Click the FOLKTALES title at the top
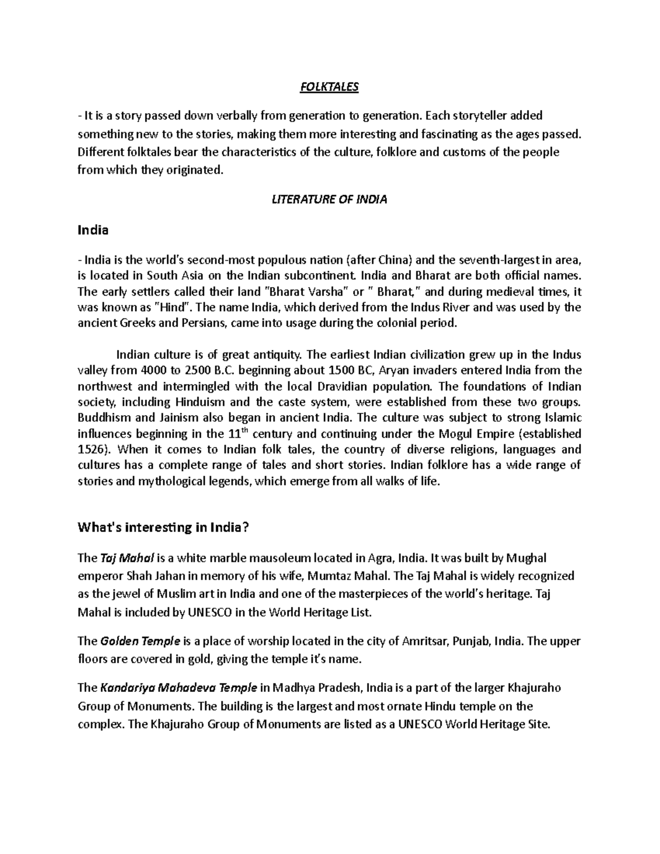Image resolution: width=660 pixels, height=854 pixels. coord(329,87)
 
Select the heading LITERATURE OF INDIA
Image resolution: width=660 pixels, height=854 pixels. coord(329,200)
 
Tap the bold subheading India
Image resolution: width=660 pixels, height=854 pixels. coord(93,230)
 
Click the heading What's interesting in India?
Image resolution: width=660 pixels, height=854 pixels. coord(164,527)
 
